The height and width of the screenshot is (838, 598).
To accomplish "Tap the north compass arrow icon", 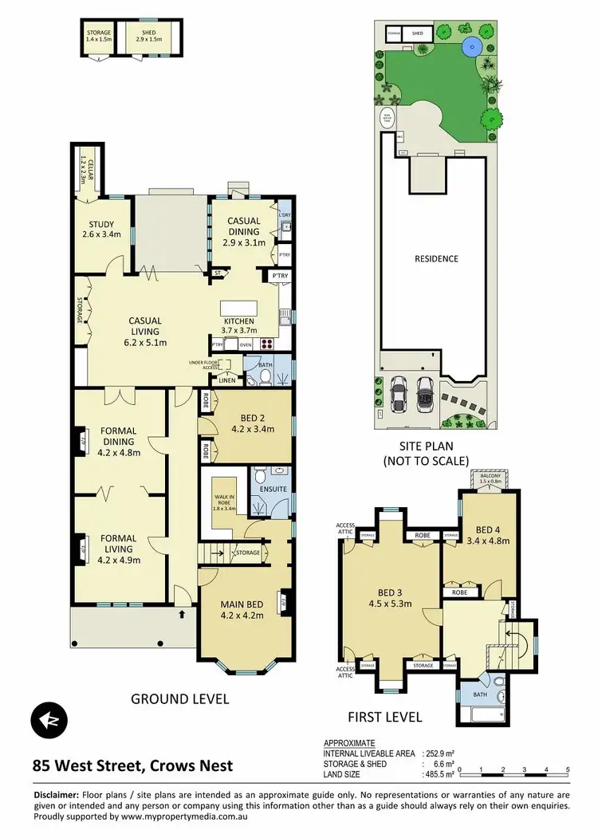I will point(49,719).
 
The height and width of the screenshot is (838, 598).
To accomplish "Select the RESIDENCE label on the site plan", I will point(436,259).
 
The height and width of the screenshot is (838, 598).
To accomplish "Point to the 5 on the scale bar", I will point(567,770).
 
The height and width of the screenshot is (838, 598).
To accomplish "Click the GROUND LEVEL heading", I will point(179,699).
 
